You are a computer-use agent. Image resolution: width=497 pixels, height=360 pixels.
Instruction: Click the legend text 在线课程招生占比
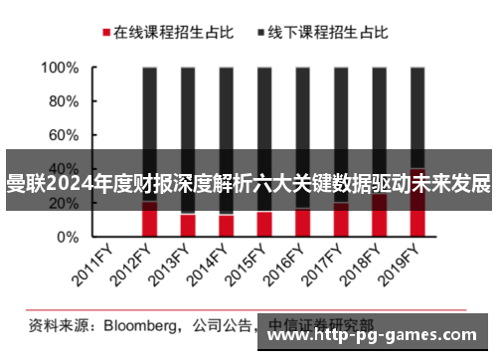(x=173, y=32)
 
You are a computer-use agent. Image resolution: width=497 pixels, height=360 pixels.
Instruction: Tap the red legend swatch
(x=105, y=33)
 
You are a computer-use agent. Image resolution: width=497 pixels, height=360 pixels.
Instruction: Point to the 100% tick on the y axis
(x=61, y=69)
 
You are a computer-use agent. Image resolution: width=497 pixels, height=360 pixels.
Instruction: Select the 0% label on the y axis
(x=69, y=238)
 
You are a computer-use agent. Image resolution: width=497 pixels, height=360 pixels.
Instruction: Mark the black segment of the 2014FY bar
(x=226, y=119)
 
